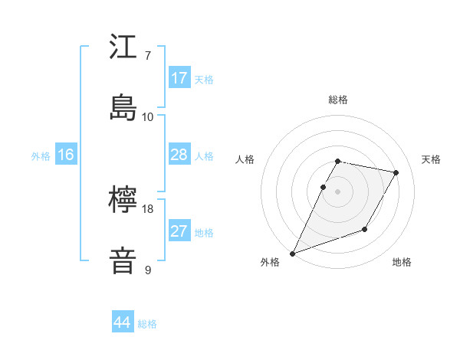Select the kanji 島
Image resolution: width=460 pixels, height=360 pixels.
[123, 106]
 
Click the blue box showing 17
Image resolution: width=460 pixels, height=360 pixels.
[179, 77]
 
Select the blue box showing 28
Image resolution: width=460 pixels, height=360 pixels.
[179, 155]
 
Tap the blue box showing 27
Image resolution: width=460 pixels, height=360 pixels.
[179, 231]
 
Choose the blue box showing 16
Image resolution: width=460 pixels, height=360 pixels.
[66, 155]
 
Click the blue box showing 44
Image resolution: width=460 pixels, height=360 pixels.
[123, 322]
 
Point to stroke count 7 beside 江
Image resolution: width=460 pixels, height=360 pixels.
[147, 56]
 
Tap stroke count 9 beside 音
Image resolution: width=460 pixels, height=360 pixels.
[147, 270]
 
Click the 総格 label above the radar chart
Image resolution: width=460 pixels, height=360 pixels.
[338, 100]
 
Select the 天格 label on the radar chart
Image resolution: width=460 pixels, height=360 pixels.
[431, 159]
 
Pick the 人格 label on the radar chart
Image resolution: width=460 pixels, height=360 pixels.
[245, 159]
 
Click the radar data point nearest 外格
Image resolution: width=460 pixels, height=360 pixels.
[292, 254]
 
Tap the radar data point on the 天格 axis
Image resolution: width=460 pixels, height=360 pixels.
[396, 172]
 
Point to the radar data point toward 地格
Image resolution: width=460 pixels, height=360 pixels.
[365, 229]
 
